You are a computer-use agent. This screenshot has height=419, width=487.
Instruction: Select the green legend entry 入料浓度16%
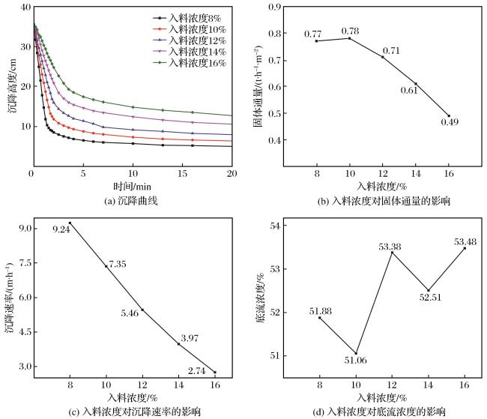[190, 63]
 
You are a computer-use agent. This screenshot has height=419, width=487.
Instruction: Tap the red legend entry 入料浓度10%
[190, 29]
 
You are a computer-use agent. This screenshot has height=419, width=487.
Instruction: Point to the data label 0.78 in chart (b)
[350, 31]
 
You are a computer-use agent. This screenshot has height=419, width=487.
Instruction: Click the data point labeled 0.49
[449, 115]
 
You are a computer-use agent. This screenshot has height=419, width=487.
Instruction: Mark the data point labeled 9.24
[70, 223]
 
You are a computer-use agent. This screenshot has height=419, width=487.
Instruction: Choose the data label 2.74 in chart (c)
[196, 370]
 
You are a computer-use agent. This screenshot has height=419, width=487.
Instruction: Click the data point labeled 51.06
[356, 353]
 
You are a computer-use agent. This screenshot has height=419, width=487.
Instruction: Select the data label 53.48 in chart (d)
[465, 241]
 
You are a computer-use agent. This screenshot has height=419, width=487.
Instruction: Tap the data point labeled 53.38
[393, 253]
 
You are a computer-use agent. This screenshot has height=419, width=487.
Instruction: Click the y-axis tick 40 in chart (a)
[25, 7]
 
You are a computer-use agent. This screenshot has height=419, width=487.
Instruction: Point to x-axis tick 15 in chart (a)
[182, 173]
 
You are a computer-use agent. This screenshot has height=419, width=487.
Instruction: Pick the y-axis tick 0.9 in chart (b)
[274, 7]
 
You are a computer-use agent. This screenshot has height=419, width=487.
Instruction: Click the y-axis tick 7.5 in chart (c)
[25, 263]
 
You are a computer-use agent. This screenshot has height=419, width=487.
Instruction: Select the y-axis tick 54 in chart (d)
[275, 226]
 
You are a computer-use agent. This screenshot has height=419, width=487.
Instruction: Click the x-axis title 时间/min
[132, 186]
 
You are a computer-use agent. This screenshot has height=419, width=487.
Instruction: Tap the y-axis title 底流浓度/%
[261, 298]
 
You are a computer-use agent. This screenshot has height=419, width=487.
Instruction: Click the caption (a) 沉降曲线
[131, 201]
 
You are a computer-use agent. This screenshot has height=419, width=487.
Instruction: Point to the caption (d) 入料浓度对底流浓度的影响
[379, 412]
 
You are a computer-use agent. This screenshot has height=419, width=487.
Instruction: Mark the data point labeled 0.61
[416, 84]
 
